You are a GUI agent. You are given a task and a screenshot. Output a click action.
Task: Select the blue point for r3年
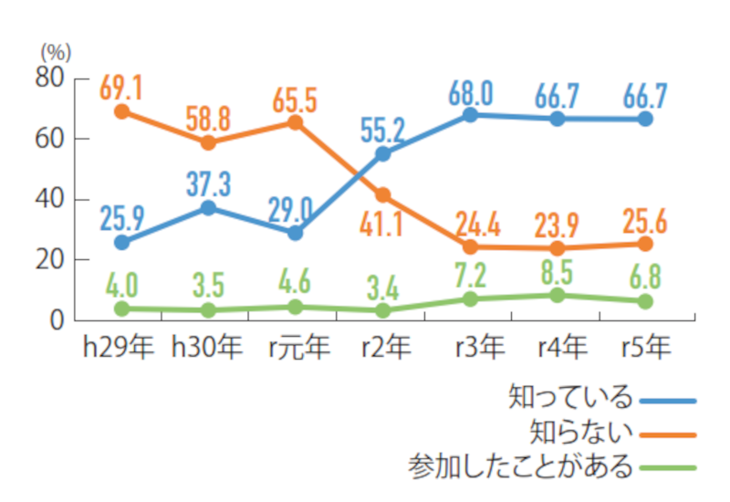[x=470, y=115]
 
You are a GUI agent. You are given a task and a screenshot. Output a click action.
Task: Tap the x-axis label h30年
[x=207, y=346]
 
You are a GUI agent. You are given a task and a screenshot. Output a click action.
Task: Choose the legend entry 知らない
[x=580, y=433]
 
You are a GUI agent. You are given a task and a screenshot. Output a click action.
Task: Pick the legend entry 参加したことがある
[x=519, y=466]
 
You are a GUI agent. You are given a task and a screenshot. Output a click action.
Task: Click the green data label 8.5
[x=557, y=273]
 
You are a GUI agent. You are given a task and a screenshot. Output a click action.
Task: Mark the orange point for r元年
[x=295, y=122]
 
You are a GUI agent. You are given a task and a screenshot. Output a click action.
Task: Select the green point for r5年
[x=645, y=301]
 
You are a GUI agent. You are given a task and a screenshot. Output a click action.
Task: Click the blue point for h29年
[x=121, y=242]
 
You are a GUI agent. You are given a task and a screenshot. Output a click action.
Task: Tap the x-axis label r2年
[x=382, y=346]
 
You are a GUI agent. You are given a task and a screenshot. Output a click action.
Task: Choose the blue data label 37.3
[x=208, y=185]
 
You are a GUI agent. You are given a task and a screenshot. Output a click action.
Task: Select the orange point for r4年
[x=558, y=247]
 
